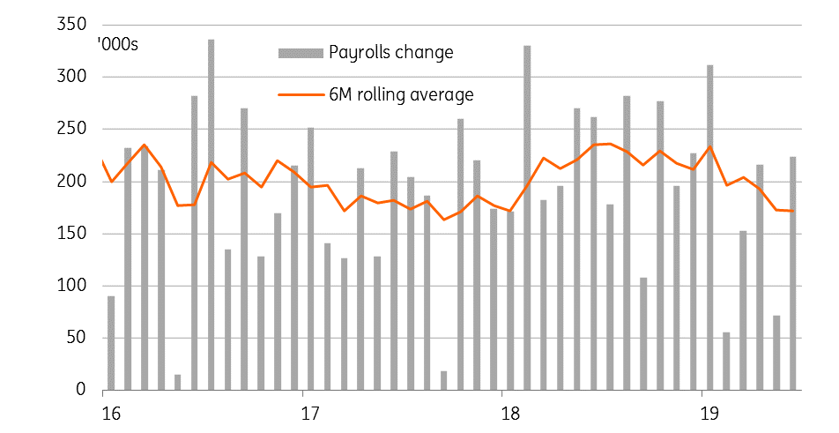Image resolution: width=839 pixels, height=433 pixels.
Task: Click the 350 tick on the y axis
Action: click(71, 25)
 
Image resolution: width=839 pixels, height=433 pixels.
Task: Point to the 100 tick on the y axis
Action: click(71, 286)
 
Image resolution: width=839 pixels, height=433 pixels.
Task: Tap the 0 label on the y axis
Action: click(81, 390)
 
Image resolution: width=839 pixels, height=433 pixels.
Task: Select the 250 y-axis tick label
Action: click(71, 129)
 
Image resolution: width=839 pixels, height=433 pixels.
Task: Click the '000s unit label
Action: click(118, 44)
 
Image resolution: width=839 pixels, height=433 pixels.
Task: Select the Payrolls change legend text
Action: click(391, 52)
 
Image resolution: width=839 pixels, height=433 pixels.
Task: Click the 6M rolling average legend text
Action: click(401, 94)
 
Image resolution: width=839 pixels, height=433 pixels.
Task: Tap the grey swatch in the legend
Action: click(301, 53)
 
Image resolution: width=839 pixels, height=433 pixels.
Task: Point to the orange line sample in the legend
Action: click(301, 94)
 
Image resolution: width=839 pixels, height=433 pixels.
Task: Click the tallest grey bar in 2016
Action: click(211, 214)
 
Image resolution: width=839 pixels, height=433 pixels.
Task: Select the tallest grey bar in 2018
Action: click(527, 218)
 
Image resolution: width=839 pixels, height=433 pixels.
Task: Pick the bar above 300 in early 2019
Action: click(709, 228)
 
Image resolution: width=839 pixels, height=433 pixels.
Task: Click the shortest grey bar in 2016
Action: click(178, 382)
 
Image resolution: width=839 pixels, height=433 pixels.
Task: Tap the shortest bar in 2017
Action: click(443, 381)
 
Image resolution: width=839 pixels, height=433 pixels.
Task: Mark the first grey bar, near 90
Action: click(111, 343)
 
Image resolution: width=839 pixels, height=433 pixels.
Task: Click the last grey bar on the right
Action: click(793, 273)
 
